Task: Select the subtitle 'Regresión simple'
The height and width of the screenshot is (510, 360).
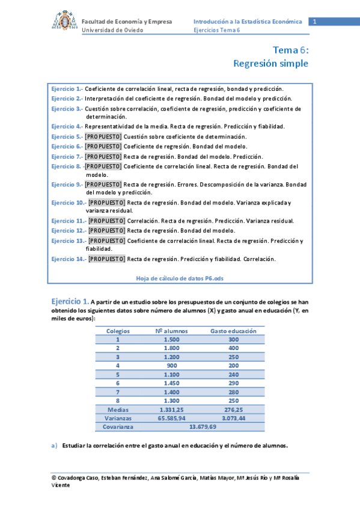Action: [x=270, y=63]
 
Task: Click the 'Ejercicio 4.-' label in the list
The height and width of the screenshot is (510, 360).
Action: [x=67, y=126]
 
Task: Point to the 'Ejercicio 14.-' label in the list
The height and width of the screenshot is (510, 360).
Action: [x=69, y=259]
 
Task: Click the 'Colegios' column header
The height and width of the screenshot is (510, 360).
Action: [x=118, y=331]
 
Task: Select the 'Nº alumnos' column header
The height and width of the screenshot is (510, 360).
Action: [x=172, y=331]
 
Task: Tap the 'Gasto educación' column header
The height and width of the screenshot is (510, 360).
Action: [x=233, y=331]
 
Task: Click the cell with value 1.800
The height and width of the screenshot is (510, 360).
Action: [x=172, y=348]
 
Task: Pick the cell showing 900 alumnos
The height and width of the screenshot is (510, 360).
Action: [x=172, y=365]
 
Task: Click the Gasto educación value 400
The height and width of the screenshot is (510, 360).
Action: [x=233, y=348]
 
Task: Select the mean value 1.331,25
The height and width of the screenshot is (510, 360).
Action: [x=172, y=409]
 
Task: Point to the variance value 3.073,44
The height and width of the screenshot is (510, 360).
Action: [x=233, y=417]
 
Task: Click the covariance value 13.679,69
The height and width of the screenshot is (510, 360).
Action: [x=203, y=426]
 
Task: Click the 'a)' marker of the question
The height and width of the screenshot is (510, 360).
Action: [x=54, y=446]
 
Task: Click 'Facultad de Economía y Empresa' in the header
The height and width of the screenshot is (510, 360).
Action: [x=127, y=22]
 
